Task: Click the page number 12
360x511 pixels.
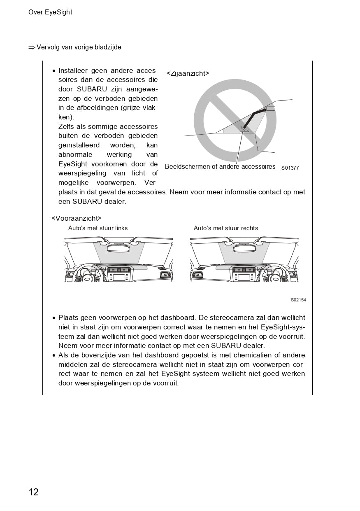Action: coord(33,492)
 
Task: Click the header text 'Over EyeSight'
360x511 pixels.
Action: coord(50,12)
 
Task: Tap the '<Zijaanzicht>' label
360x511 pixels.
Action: coord(188,73)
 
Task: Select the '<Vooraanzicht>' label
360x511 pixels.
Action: coord(76,218)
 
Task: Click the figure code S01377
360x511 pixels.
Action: coord(290,168)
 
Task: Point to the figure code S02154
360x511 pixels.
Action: coord(298,300)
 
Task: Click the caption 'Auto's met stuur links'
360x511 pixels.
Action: coord(98,228)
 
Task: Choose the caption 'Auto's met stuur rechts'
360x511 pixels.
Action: coord(226,228)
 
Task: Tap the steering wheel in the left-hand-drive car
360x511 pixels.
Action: coord(87,275)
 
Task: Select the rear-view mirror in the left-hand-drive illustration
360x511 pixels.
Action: coord(119,248)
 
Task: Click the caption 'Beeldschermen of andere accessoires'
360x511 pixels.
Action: coord(220,167)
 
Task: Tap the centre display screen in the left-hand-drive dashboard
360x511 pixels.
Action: coord(119,277)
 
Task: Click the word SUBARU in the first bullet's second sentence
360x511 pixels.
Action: coord(86,202)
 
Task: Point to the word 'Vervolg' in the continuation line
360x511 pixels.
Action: coord(48,47)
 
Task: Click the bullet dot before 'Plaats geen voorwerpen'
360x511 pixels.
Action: coord(54,318)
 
